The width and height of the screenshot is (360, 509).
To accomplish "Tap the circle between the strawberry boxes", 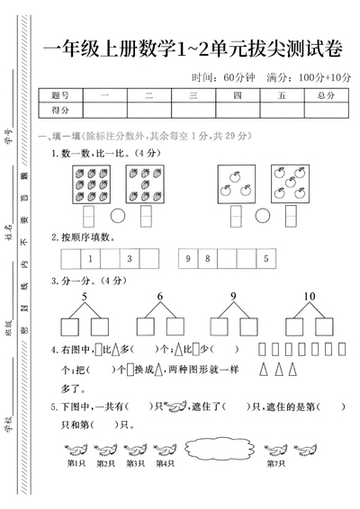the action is click(x=118, y=217).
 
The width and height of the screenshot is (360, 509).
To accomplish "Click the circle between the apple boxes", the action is click(x=262, y=217).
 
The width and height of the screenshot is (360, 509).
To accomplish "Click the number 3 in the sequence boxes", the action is click(x=129, y=260).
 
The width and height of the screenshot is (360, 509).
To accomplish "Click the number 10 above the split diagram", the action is click(x=310, y=298).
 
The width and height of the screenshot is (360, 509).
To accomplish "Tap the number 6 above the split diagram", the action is click(x=160, y=298).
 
